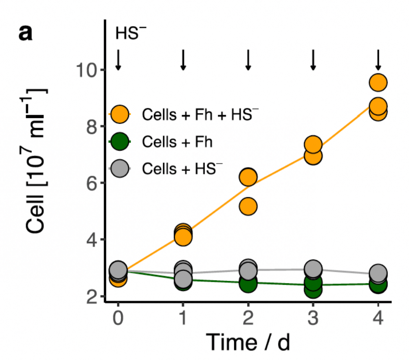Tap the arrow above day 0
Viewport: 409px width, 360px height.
coord(118,60)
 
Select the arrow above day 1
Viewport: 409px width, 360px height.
coord(183,60)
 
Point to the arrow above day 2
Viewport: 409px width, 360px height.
coord(248,60)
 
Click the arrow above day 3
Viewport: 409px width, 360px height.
coord(313,60)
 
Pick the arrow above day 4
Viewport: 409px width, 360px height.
coord(378,60)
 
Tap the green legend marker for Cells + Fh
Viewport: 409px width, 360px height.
coord(120,142)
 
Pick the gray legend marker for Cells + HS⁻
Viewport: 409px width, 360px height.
coord(120,169)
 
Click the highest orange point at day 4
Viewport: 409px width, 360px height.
coord(378,82)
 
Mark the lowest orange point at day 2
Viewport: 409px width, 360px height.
coord(248,206)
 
